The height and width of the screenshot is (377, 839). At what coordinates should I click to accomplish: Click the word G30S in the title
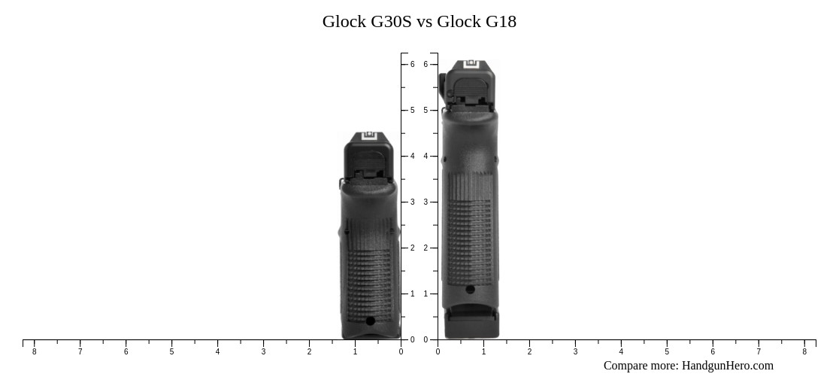pyautogui.click(x=391, y=21)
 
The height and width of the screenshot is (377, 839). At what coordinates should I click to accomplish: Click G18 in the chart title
pyautogui.click(x=501, y=21)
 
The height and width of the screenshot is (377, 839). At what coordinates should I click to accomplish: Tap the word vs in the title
pyautogui.click(x=425, y=21)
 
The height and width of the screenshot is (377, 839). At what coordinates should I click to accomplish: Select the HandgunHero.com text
pyautogui.click(x=727, y=366)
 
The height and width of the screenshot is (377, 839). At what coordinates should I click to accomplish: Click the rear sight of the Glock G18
pyautogui.click(x=471, y=65)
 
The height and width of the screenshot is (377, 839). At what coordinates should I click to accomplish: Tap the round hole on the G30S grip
pyautogui.click(x=370, y=321)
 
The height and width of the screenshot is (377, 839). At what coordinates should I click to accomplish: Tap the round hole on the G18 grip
pyautogui.click(x=470, y=289)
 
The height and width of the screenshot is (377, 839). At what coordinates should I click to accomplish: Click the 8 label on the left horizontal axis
pyautogui.click(x=34, y=351)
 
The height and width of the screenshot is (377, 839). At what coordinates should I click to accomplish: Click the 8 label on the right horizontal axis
pyautogui.click(x=804, y=351)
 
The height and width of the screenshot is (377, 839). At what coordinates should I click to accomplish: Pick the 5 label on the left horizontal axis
pyautogui.click(x=171, y=351)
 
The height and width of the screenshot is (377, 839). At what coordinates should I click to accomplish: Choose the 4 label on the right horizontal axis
pyautogui.click(x=621, y=351)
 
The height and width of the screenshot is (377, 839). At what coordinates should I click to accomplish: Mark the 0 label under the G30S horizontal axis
pyautogui.click(x=401, y=351)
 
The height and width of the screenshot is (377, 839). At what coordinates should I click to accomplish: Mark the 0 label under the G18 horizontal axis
pyautogui.click(x=438, y=351)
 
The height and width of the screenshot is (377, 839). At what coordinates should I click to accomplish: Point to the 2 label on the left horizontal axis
pyautogui.click(x=309, y=351)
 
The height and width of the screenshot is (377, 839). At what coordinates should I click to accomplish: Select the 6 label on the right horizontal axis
pyautogui.click(x=713, y=351)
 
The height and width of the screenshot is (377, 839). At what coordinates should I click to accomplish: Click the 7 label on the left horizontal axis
pyautogui.click(x=80, y=351)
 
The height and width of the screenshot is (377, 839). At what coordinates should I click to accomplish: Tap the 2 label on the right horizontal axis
pyautogui.click(x=529, y=351)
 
